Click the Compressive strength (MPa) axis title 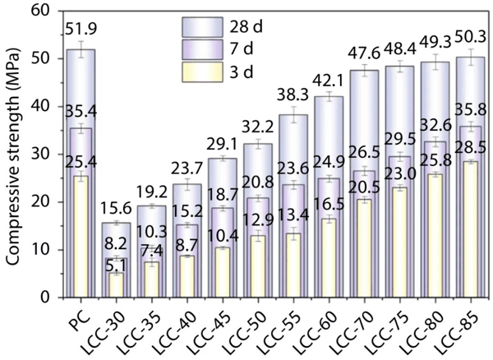tap(13, 153)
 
